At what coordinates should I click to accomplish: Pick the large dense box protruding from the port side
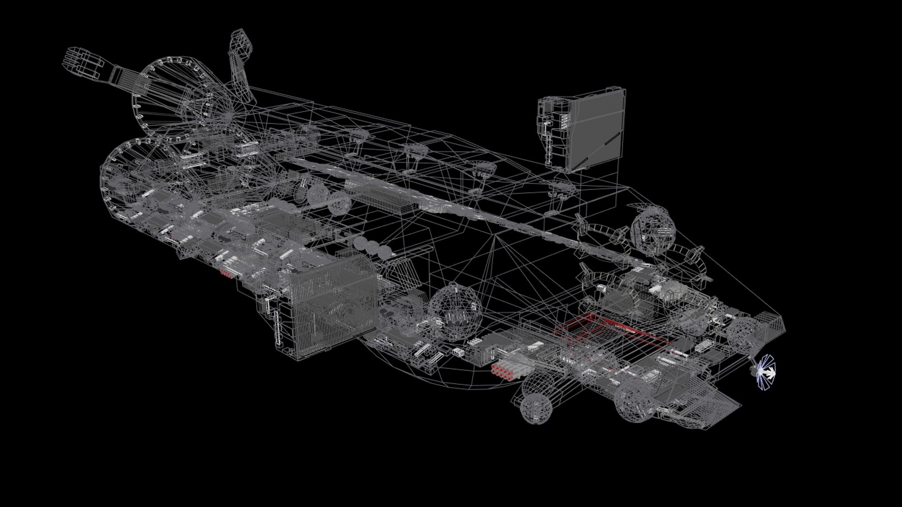[329, 305]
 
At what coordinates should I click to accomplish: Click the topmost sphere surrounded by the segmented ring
[653, 230]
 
